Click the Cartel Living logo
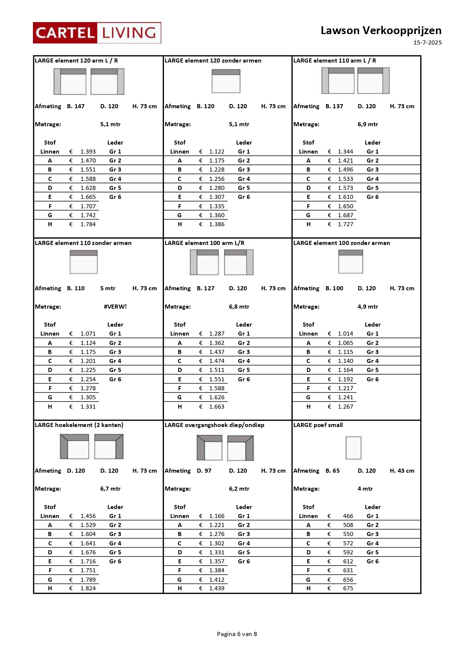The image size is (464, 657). click(x=97, y=33)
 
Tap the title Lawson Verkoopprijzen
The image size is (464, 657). click(x=381, y=30)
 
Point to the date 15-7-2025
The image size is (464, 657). click(x=427, y=43)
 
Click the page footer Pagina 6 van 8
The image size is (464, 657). click(x=237, y=634)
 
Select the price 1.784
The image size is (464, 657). click(x=88, y=224)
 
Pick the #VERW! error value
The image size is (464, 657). click(x=115, y=306)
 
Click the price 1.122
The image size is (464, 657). click(x=217, y=152)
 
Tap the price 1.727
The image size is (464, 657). click(x=345, y=224)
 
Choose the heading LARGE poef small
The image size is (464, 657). click(x=318, y=425)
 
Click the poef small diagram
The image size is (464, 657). click(x=353, y=448)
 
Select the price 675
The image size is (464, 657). click(x=348, y=588)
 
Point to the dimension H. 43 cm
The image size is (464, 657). click(x=402, y=471)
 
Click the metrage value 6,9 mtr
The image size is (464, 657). click(x=367, y=124)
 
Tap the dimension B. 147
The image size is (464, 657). click(x=76, y=106)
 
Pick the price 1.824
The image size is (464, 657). click(x=88, y=588)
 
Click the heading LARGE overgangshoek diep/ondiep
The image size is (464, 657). click(x=214, y=425)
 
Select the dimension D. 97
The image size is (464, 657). click(x=204, y=471)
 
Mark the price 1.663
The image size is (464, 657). click(x=217, y=407)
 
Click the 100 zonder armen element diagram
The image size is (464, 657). click(x=351, y=261)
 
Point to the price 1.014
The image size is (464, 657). click(x=345, y=334)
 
